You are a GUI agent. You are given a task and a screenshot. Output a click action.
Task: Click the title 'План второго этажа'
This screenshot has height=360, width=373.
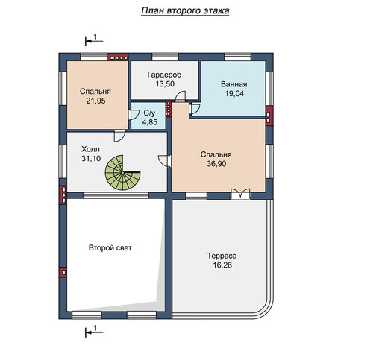point(185,11)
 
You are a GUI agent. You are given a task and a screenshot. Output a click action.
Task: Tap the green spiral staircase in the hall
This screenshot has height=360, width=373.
point(122,173)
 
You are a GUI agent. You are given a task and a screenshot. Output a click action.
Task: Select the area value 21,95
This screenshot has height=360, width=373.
point(95,101)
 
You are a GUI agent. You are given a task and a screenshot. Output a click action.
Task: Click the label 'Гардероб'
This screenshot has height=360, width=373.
point(164,75)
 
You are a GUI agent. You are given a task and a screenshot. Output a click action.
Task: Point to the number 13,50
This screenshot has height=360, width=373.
point(165,84)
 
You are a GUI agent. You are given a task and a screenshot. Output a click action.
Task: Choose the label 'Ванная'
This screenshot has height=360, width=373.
point(234,84)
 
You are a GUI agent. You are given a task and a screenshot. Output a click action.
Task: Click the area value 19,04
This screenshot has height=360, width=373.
point(234,94)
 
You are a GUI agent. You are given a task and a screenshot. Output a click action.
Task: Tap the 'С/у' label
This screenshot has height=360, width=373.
point(149,113)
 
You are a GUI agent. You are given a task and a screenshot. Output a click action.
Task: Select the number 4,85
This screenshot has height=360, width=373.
point(150,122)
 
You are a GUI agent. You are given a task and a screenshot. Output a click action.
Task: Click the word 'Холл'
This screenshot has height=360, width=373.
point(90,149)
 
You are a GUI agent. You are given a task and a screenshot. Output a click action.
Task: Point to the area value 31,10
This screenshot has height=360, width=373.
point(91,159)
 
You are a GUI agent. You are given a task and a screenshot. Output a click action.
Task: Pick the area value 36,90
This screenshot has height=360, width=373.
point(216,164)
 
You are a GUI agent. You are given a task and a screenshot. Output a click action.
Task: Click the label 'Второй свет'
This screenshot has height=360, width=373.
point(110,247)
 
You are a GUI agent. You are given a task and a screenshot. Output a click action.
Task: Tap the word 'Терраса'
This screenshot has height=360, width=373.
point(222,256)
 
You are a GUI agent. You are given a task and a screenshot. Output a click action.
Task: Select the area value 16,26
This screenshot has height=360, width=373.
point(222,265)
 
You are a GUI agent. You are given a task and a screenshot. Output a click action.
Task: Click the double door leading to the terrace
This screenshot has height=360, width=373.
point(240,194)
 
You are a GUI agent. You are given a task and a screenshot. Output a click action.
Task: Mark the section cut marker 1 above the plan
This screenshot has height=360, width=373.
point(94,40)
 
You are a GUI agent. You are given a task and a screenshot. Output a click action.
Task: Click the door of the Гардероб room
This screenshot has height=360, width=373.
point(180,96)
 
